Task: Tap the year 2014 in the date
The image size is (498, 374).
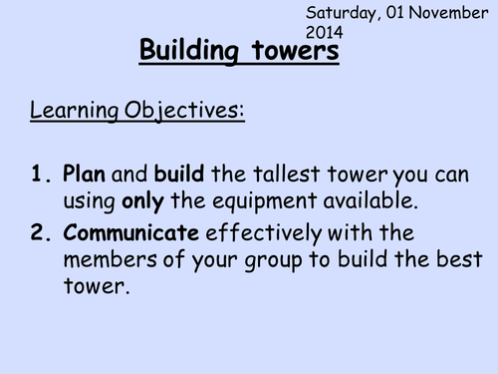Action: tap(326, 32)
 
